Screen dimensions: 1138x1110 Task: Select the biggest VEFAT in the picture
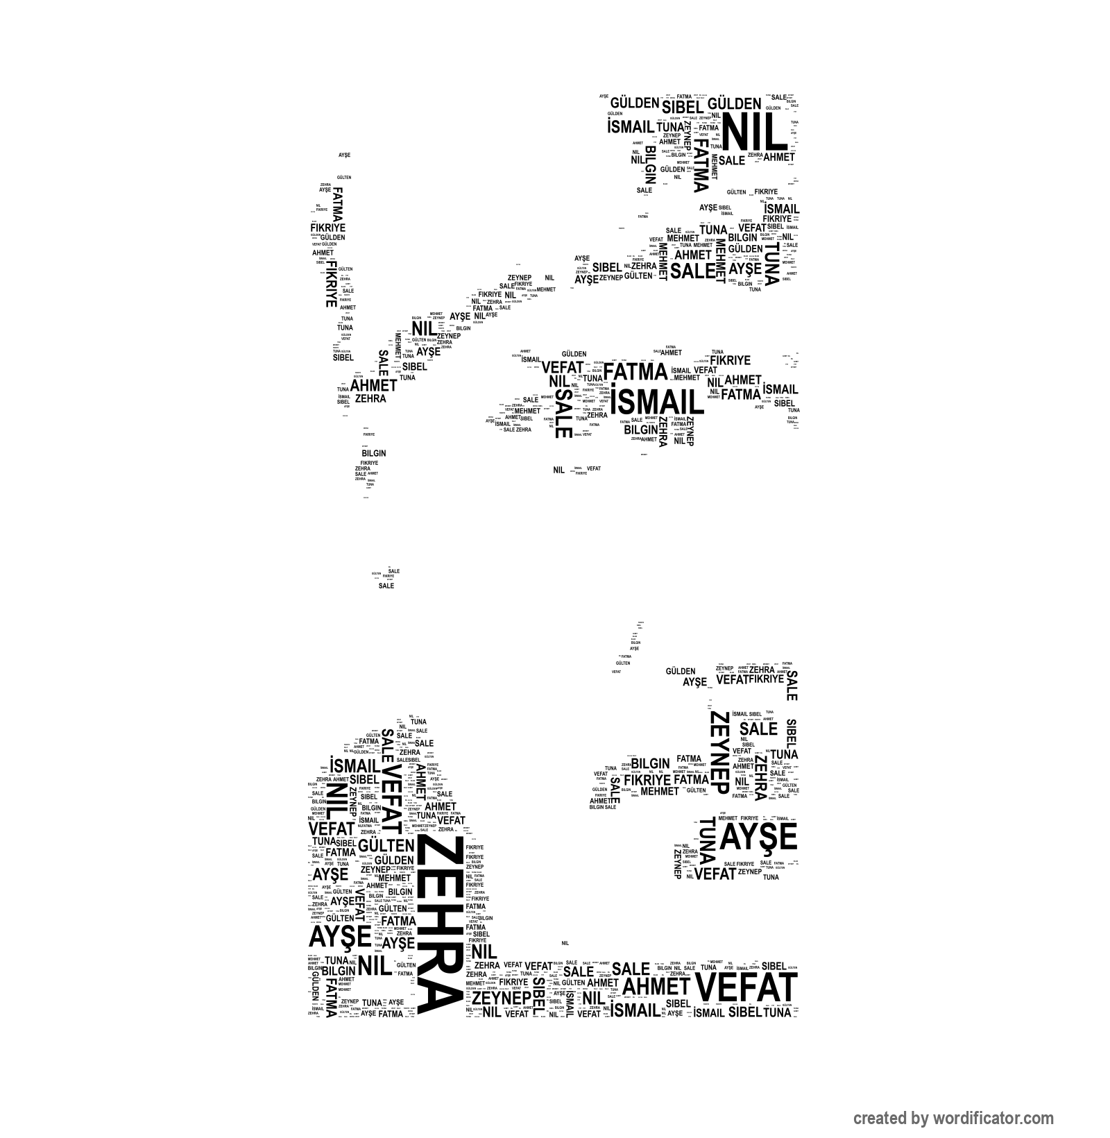[x=746, y=987]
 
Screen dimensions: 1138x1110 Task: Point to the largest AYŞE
[x=758, y=838]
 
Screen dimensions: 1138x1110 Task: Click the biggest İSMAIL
[x=656, y=402]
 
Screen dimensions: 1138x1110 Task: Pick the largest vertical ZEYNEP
[x=719, y=752]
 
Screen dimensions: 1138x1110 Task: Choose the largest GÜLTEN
[x=386, y=845]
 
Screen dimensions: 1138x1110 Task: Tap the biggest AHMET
[x=656, y=986]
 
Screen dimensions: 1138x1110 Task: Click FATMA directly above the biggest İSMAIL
[x=634, y=372]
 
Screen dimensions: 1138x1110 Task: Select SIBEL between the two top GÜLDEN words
[x=682, y=107]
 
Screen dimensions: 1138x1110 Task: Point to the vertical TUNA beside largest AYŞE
[x=706, y=840]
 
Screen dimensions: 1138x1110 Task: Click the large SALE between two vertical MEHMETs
[x=692, y=271]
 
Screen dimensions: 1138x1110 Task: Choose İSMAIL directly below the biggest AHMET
[x=635, y=1010]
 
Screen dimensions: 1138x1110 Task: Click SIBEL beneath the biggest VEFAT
[x=745, y=1012]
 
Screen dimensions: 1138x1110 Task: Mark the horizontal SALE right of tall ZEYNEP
[x=758, y=729]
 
